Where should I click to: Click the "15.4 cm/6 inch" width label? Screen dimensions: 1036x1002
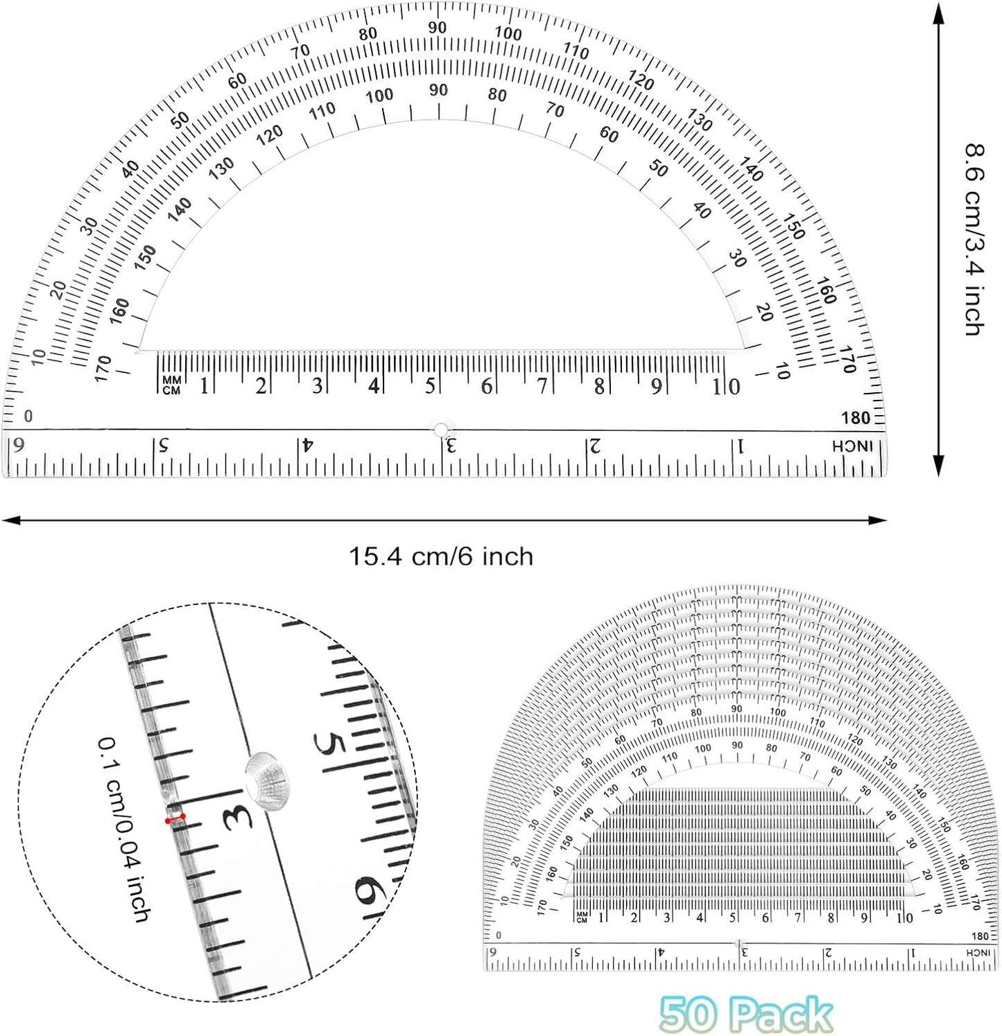point(440,556)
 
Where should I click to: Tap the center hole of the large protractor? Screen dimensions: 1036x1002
point(440,430)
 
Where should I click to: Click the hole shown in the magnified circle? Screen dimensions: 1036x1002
point(267,780)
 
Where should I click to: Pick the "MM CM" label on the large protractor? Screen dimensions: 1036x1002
point(171,385)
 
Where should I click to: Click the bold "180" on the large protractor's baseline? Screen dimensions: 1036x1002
point(856,418)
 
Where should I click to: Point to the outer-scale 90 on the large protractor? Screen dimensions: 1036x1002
point(437,27)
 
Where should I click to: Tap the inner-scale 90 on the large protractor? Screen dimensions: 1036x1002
point(438,89)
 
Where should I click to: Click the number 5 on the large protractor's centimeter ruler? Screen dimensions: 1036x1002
point(430,386)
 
